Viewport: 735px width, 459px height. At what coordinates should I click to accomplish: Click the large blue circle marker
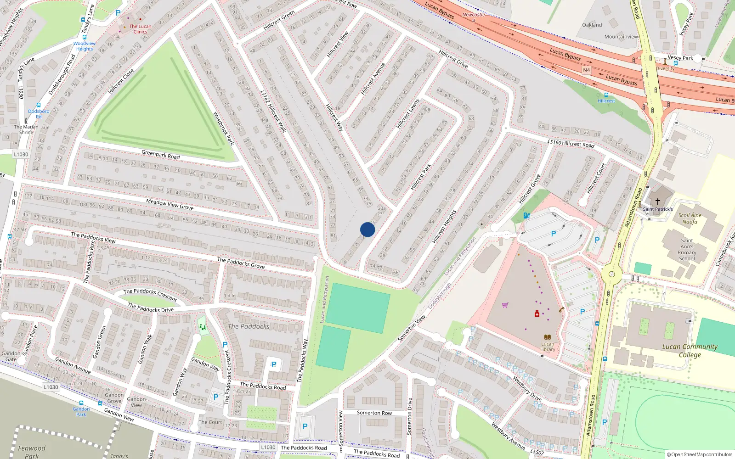(x=367, y=229)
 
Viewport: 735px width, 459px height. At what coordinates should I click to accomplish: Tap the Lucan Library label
(x=548, y=347)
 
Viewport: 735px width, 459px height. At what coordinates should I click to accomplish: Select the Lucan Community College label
(x=690, y=351)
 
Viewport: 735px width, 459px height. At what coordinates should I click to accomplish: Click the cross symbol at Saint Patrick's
(x=657, y=202)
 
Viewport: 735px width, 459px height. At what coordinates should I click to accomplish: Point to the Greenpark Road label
(x=160, y=154)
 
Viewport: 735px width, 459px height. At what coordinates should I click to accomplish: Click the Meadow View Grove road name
(x=170, y=204)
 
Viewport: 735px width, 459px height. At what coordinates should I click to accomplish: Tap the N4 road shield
(x=586, y=70)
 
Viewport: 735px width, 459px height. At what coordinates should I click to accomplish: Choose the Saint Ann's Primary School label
(x=687, y=249)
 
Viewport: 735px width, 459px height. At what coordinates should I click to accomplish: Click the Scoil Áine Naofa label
(x=690, y=218)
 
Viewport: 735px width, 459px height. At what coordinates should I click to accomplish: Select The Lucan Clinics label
(x=140, y=29)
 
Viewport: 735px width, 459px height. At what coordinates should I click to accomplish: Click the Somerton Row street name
(x=374, y=413)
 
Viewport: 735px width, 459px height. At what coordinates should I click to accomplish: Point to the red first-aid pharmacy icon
(x=537, y=314)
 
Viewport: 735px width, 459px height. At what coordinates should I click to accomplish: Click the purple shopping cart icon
(x=505, y=305)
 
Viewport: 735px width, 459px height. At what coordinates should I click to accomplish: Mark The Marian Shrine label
(x=26, y=129)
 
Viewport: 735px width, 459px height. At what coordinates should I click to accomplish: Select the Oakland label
(x=592, y=25)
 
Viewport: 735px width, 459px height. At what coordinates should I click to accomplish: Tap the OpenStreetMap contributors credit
(x=699, y=454)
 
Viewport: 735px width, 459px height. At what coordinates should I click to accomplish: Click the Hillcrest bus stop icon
(x=606, y=95)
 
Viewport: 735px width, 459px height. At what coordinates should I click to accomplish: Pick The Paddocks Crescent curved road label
(x=150, y=294)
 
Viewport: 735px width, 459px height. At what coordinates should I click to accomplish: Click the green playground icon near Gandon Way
(x=202, y=327)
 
